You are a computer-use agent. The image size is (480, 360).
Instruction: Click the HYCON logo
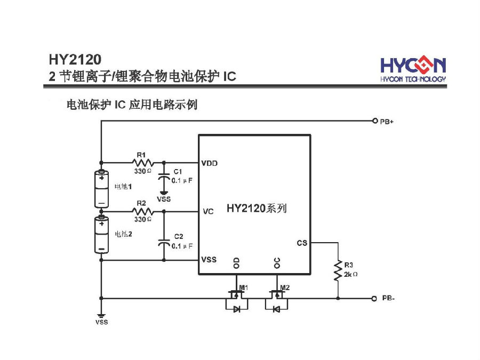tap(413, 69)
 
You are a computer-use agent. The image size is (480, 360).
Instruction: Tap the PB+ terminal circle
tap(374, 121)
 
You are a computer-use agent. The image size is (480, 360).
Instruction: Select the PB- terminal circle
tap(374, 298)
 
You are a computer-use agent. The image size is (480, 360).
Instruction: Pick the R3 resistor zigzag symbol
tap(338, 270)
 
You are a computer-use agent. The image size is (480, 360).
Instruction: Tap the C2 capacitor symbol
tap(164, 243)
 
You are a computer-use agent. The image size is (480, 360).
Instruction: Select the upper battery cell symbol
tap(101, 189)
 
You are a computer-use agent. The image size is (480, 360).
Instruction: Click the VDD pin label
tap(209, 163)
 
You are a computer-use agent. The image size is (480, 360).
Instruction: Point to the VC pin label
tap(208, 212)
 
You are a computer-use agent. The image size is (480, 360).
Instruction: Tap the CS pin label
tap(302, 243)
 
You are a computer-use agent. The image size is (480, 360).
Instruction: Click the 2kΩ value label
tap(350, 274)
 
